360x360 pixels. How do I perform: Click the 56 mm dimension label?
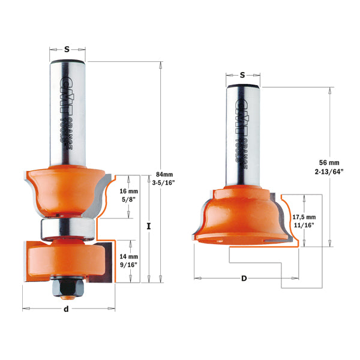point(329,162)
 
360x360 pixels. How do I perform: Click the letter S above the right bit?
point(242,75)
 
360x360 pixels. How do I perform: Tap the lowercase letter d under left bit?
point(66,309)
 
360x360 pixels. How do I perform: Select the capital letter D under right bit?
point(243,278)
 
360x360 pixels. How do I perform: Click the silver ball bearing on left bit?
point(66,228)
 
